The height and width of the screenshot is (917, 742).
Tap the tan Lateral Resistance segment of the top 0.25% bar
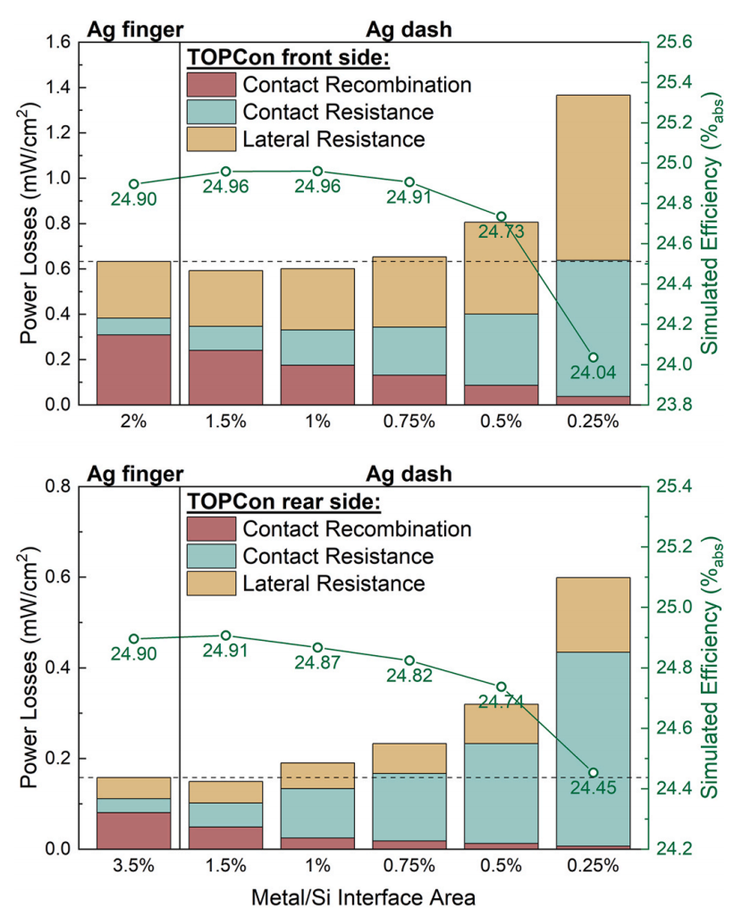[593, 177]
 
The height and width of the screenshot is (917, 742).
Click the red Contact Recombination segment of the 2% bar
[134, 369]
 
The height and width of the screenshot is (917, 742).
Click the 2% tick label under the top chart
[134, 422]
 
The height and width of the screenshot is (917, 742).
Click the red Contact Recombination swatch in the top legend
[211, 85]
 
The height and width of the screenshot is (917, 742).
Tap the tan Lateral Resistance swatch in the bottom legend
[211, 584]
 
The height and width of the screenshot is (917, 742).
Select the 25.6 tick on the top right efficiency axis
[680, 42]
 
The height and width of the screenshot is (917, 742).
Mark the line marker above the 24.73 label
[502, 216]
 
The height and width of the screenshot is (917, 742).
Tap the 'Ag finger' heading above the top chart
[135, 29]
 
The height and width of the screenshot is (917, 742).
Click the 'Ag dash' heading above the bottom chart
[409, 474]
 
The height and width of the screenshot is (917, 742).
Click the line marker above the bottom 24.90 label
[134, 639]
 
